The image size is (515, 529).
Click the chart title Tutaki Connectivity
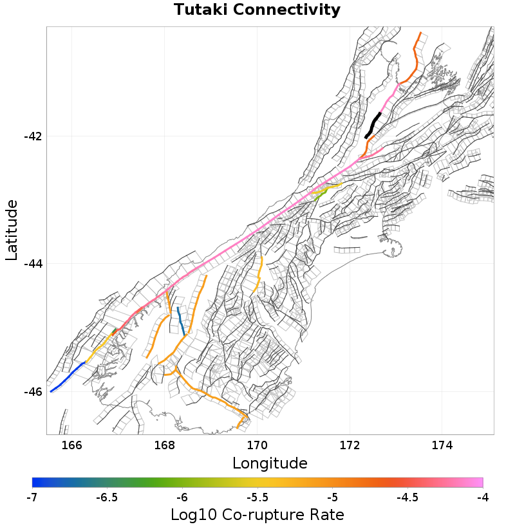pos(257,10)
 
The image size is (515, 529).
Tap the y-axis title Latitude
pos(11,230)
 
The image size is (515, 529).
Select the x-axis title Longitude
pos(270,463)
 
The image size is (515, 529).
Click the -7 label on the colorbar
pos(32,497)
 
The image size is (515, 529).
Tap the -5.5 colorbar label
pos(257,497)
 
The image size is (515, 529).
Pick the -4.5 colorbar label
pos(407,497)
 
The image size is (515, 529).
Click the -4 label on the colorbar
pos(482,497)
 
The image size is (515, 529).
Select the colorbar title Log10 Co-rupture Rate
pos(257,515)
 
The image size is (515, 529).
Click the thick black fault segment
pos(373,125)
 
